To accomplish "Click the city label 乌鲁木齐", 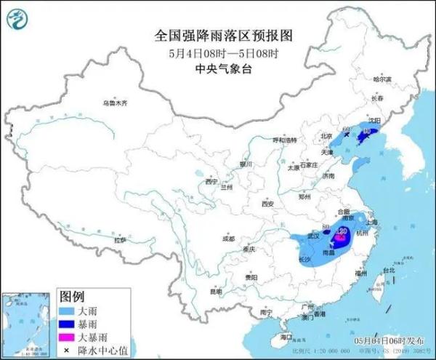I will click(x=114, y=103).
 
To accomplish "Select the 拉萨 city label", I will click(x=121, y=240).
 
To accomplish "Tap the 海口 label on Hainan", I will click(x=286, y=337).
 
